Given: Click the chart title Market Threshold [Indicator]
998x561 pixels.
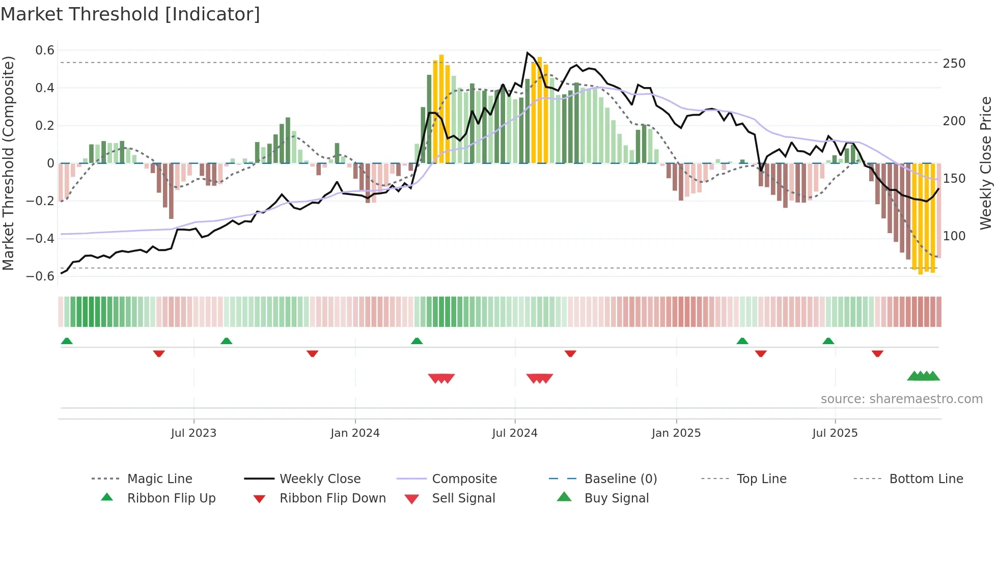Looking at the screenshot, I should tap(130, 14).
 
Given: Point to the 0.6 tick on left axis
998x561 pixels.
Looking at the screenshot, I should tap(45, 50).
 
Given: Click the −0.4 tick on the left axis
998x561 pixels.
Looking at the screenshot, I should tap(40, 238).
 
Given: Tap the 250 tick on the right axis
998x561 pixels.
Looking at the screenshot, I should tap(954, 64).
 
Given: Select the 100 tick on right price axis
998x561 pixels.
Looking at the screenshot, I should tap(954, 236).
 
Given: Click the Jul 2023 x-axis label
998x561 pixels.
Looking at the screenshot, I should tap(193, 433).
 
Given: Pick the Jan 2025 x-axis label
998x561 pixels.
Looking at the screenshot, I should tap(676, 433).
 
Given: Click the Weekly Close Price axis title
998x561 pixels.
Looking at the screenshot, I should tap(986, 163).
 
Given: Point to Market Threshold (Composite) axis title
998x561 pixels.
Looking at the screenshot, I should tap(8, 163).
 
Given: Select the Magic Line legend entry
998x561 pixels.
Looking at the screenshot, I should tap(159, 479).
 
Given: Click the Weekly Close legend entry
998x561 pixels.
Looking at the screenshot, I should tap(320, 479).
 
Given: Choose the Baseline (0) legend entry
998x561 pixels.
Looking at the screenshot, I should tap(620, 479).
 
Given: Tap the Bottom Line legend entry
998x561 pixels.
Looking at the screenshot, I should tap(926, 479).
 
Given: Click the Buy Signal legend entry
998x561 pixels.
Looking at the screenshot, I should tap(616, 498).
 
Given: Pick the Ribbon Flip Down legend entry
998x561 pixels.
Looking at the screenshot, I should tap(332, 498).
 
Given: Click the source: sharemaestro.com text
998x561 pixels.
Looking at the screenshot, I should tap(901, 399).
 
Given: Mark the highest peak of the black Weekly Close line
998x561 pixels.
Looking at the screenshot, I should tap(527, 52).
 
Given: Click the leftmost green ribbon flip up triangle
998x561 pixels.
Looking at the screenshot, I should tap(67, 341).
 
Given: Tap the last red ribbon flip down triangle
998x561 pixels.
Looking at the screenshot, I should tap(877, 353).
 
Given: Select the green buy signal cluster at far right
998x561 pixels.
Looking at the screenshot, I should tap(923, 376).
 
